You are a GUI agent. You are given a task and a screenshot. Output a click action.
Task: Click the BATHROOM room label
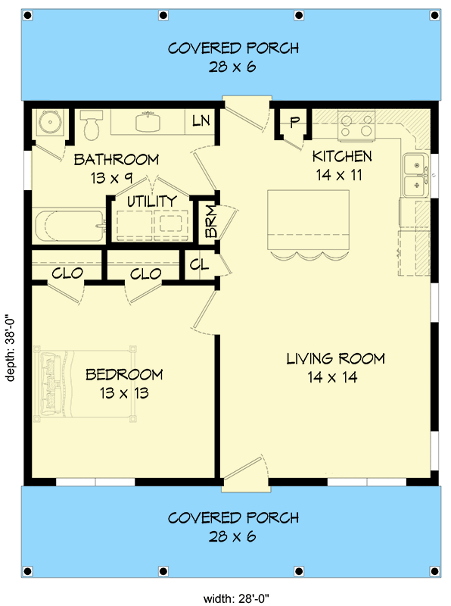116,160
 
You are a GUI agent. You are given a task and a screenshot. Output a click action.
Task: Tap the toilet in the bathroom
92,125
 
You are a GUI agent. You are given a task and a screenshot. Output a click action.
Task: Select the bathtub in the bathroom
68,226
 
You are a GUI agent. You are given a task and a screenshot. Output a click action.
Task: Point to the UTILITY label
151,201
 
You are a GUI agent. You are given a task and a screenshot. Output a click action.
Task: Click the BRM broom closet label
207,221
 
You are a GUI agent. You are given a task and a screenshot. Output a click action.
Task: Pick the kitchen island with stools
308,223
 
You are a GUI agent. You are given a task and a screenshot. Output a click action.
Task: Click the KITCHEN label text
342,157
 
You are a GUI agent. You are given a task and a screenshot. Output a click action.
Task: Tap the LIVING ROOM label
335,358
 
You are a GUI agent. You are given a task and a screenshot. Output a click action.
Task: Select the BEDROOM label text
124,374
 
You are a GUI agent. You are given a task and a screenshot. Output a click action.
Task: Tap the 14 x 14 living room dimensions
335,377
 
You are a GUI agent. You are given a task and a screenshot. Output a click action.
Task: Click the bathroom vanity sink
147,122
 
